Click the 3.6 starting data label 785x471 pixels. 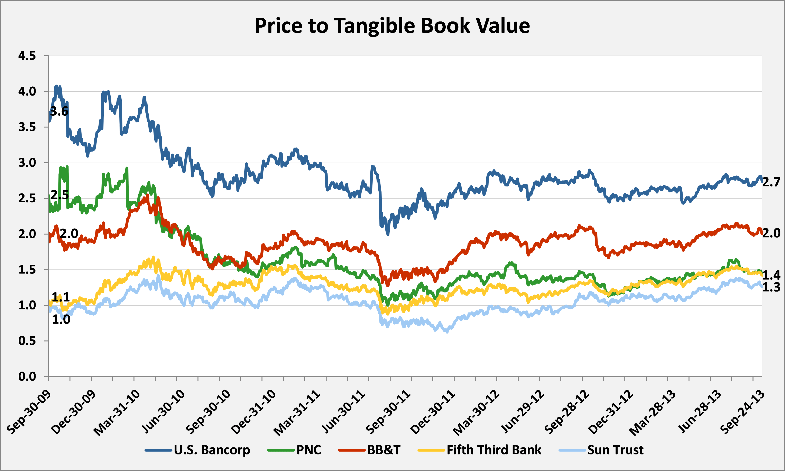(59, 111)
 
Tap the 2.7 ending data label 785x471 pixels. (771, 182)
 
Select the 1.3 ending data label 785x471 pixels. (771, 287)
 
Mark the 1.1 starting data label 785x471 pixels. (61, 297)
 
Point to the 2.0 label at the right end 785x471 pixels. (771, 233)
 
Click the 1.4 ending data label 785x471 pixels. (771, 275)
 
